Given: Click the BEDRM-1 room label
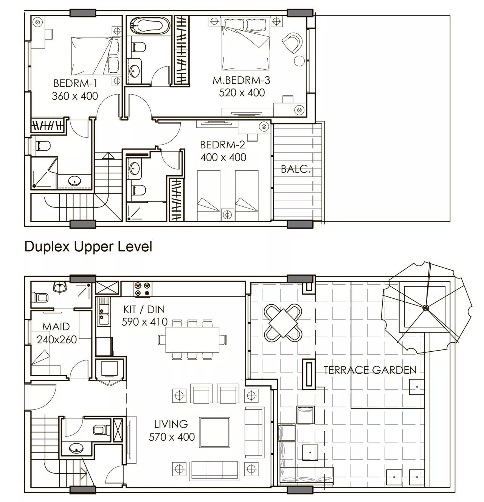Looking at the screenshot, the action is [x=75, y=84].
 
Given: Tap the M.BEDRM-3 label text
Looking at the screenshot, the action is [x=241, y=81].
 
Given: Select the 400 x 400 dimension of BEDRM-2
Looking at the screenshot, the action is [x=223, y=157].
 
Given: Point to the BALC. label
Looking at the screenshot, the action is [x=295, y=169].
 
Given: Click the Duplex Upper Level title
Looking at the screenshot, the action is [x=88, y=246].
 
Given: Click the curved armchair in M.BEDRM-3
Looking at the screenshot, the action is [x=293, y=42].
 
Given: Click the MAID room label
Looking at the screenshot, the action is [x=56, y=327].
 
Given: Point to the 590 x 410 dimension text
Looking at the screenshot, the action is [x=144, y=322].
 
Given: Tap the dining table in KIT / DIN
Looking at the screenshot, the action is [x=192, y=340].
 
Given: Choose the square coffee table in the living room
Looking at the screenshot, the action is [x=214, y=433].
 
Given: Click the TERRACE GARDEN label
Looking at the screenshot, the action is [x=370, y=370].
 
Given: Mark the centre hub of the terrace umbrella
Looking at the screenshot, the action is [x=425, y=307].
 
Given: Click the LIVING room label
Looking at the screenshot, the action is [x=171, y=424].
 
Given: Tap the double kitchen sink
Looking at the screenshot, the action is [x=103, y=312].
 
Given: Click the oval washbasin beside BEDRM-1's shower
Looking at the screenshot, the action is [x=75, y=181].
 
